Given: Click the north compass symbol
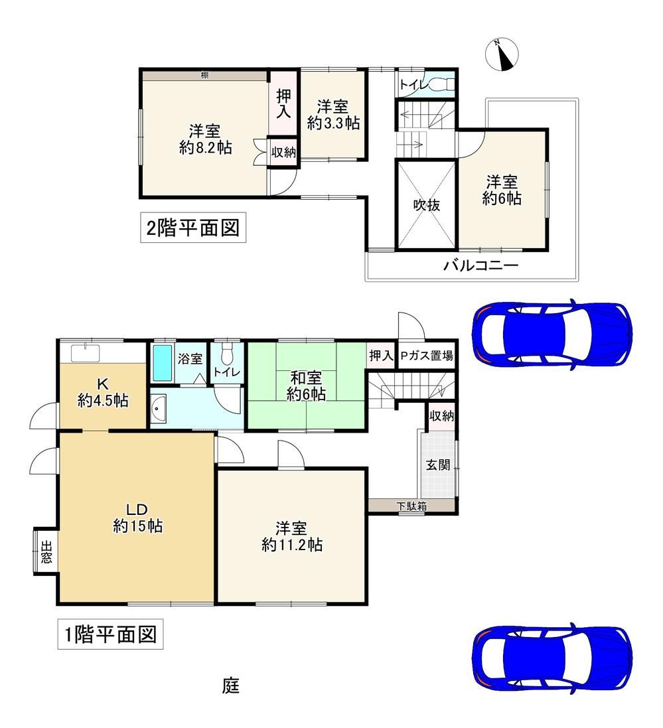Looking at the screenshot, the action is point(502,55).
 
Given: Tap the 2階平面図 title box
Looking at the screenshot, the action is point(193,228).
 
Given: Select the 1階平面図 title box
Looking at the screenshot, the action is point(110,634).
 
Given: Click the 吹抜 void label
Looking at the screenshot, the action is point(427,205).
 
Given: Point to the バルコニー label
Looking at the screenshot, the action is point(480,266).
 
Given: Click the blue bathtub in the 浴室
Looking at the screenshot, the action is point(163,362).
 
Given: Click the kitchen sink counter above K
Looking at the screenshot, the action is point(85,353).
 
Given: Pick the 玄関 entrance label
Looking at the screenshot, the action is point(438,465).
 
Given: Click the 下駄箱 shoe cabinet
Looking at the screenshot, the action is point(411,506).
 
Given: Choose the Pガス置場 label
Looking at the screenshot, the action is point(427,356).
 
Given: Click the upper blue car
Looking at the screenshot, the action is point(552,334).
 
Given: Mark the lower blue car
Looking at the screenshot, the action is point(552,658).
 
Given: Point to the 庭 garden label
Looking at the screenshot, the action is point(231,686).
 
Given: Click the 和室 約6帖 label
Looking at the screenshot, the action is point(305,386).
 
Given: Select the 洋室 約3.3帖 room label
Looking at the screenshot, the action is point(333,115).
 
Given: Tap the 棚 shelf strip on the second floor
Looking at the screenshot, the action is point(205,75).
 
